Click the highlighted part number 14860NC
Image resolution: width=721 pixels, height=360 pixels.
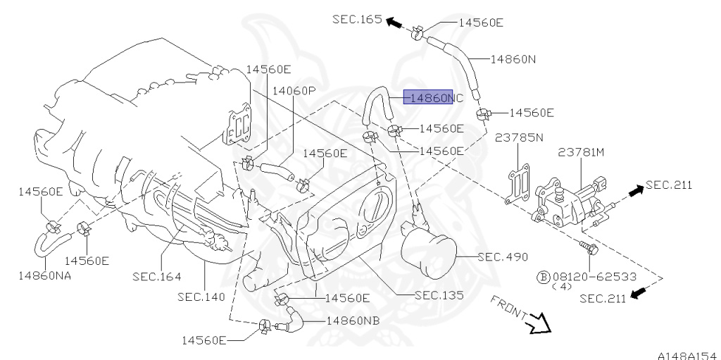click(x=433, y=98)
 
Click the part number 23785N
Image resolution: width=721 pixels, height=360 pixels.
click(x=519, y=137)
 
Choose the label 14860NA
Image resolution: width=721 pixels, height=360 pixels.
click(x=44, y=275)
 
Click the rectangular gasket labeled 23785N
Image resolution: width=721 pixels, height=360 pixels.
click(x=520, y=184)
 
